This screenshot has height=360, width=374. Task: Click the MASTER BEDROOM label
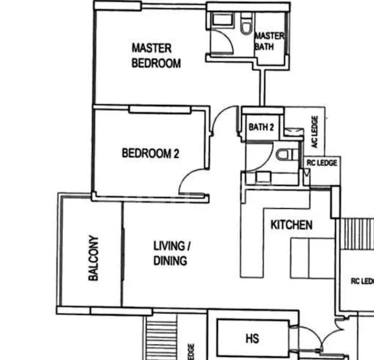[x=155, y=55]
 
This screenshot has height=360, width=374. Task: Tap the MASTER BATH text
[x=268, y=41]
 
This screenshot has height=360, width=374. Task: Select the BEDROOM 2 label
[x=150, y=154]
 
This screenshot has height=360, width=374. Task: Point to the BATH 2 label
[x=261, y=127]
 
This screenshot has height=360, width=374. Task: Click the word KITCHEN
[x=291, y=225]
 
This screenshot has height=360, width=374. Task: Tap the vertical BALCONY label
[x=94, y=258]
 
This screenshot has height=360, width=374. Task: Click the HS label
[x=252, y=339]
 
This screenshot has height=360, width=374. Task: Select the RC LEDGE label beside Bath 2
[x=322, y=163]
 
